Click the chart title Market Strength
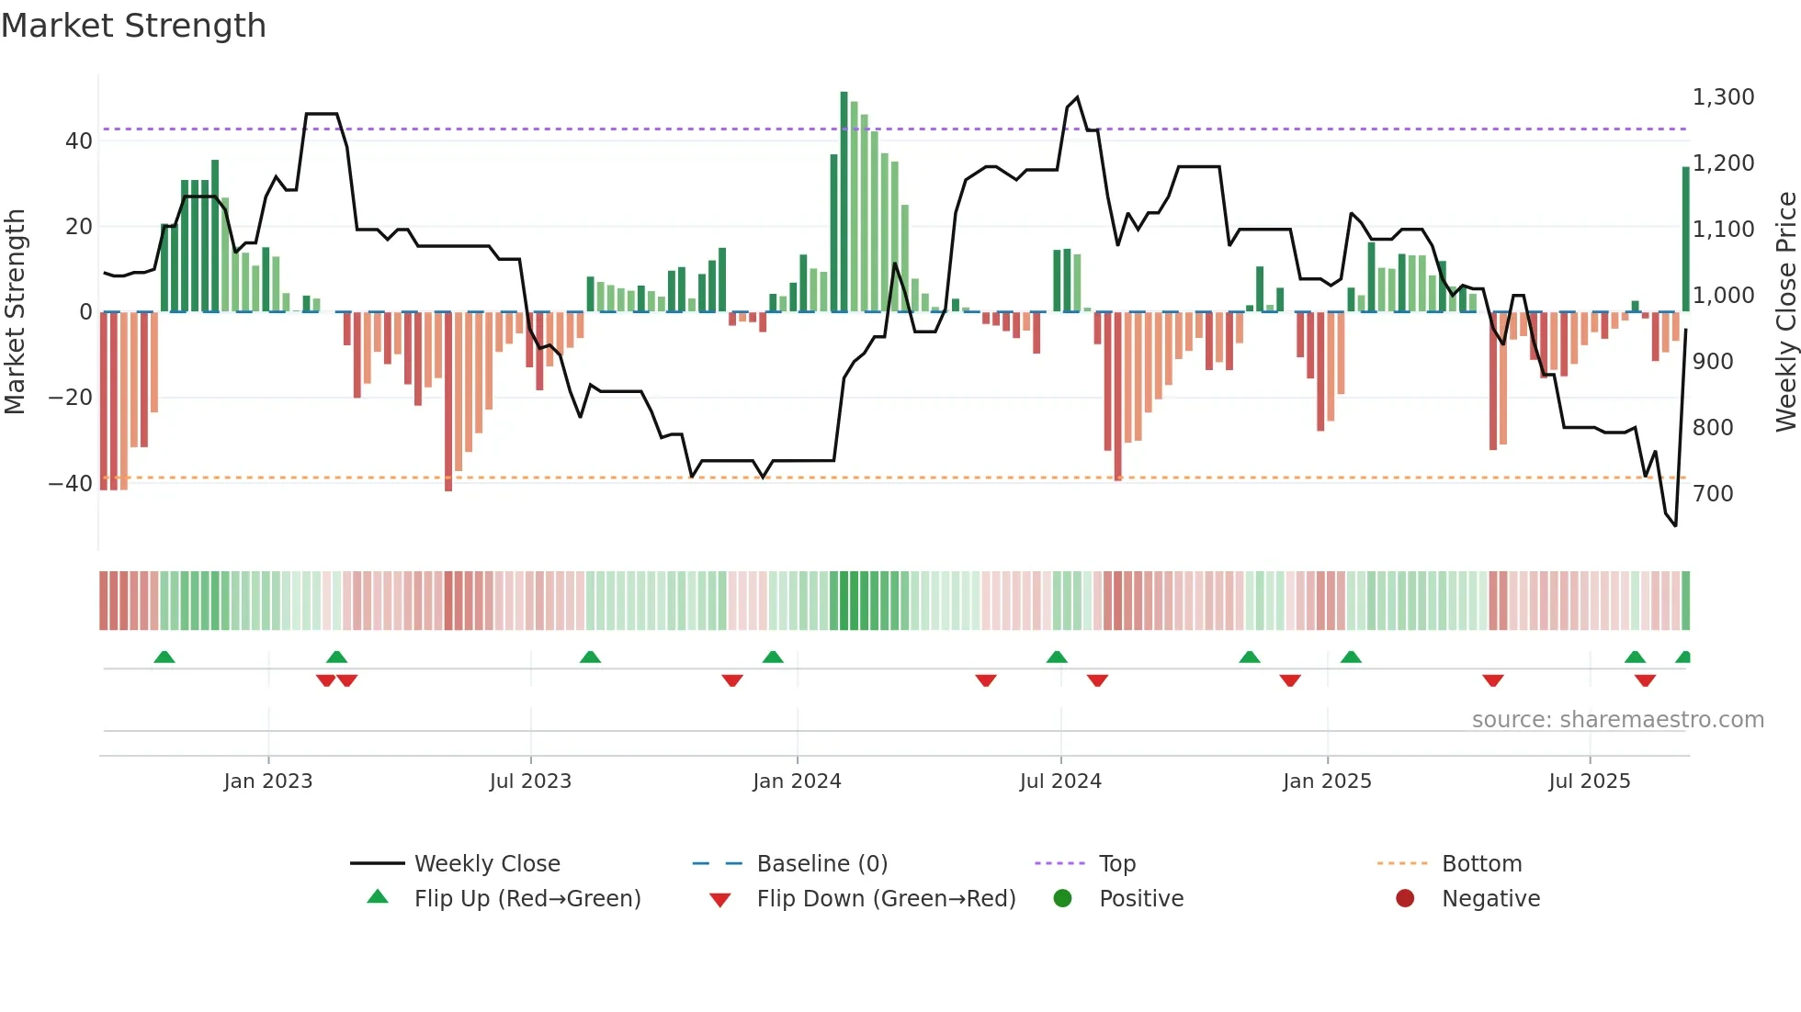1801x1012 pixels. coord(133,26)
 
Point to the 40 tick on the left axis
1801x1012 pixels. coord(79,141)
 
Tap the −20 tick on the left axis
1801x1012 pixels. coord(71,398)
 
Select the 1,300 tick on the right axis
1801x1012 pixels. coord(1723,97)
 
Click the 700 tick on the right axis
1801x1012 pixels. coord(1713,494)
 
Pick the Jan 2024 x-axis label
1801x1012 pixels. coord(797,781)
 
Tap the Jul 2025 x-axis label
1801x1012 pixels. coord(1589,781)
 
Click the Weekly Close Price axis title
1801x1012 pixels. coord(1785,311)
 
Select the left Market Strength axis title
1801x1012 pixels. coord(16,311)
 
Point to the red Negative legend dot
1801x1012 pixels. coord(1404,899)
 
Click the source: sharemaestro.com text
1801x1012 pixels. coord(1617,720)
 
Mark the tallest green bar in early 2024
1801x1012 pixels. coord(844,202)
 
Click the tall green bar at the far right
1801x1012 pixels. coord(1685,239)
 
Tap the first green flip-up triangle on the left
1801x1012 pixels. coord(164,658)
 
